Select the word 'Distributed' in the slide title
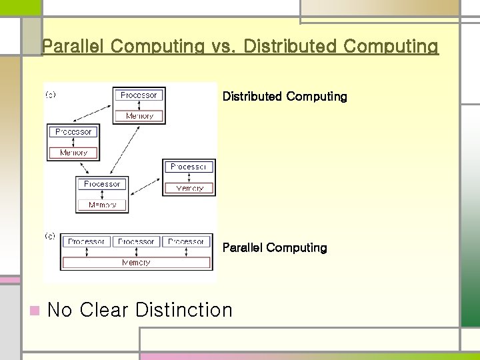click(x=293, y=47)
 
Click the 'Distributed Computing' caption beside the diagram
click(x=285, y=97)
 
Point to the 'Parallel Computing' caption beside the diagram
click(x=275, y=248)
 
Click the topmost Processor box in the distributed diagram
click(x=139, y=95)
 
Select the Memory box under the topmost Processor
click(x=139, y=115)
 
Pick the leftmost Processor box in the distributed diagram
click(x=73, y=132)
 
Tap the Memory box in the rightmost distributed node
click(x=190, y=188)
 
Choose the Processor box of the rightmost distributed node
click(x=190, y=167)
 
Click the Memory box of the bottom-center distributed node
click(x=102, y=205)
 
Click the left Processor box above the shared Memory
click(x=87, y=242)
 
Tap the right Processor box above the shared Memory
click(x=186, y=242)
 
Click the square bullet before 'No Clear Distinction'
click(x=35, y=310)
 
